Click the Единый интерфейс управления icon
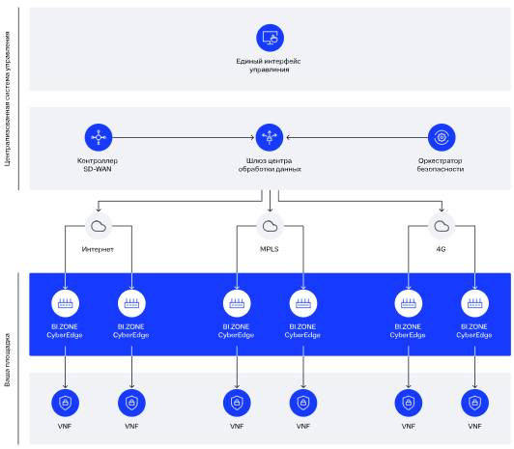click(x=270, y=38)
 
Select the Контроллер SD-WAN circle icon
click(x=99, y=137)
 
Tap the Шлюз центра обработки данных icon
click(x=270, y=137)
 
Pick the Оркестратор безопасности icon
click(x=442, y=137)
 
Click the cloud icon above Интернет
click(x=99, y=226)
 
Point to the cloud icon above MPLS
click(x=270, y=226)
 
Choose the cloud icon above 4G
click(x=442, y=226)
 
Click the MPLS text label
click(x=270, y=249)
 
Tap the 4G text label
click(x=442, y=249)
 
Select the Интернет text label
click(x=98, y=249)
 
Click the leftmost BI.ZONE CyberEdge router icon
click(x=66, y=303)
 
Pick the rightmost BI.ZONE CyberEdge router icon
click(x=474, y=303)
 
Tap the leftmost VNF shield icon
click(x=66, y=403)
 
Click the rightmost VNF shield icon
click(x=474, y=403)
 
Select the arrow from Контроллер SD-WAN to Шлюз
click(x=184, y=137)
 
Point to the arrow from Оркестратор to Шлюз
click(x=357, y=137)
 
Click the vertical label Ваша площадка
click(x=7, y=360)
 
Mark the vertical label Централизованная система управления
click(x=7, y=98)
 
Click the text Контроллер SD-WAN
click(x=98, y=165)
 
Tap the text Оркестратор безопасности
click(x=441, y=165)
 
